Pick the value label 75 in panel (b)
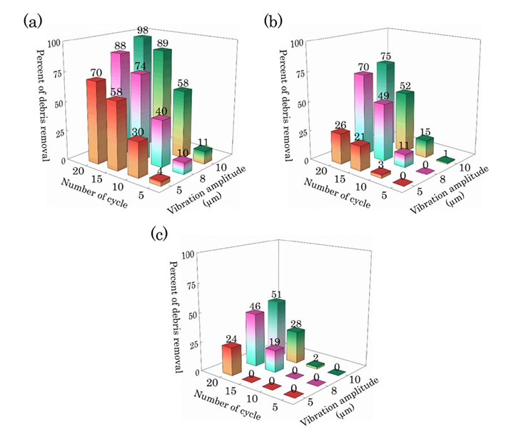pyautogui.click(x=385, y=56)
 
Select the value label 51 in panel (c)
pyautogui.click(x=274, y=294)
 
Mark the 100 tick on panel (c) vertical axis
pyautogui.click(x=188, y=253)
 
